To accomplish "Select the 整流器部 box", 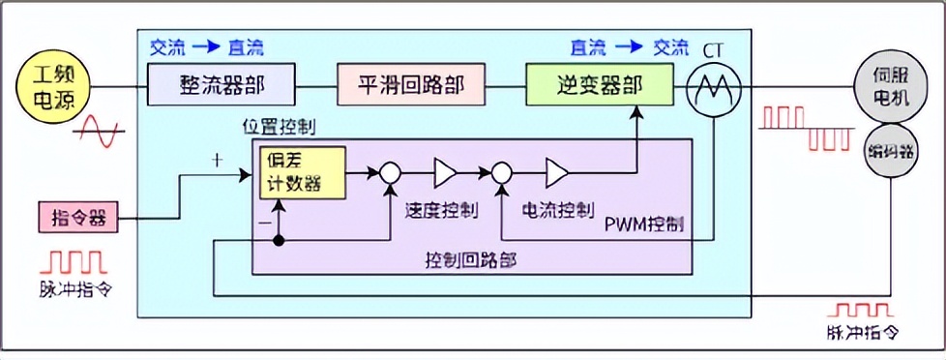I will [222, 85].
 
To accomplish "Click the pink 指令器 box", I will [79, 218].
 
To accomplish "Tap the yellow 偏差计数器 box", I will [300, 173].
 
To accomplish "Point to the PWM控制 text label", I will [644, 225].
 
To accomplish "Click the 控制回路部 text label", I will [471, 260].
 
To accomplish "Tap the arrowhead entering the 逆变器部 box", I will [636, 112].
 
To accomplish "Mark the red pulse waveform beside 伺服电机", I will [803, 129].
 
